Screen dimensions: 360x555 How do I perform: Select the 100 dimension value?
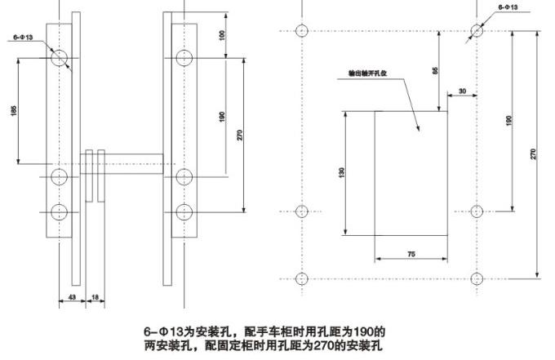point(222,36)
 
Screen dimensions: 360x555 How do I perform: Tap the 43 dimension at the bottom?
point(72,296)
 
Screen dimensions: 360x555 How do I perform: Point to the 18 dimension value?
point(95,296)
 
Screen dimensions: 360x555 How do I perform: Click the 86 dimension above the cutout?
point(435,72)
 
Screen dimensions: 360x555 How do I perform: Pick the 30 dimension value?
point(463,91)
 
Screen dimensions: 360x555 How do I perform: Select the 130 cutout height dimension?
point(342,172)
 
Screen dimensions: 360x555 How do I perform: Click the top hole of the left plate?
point(60,58)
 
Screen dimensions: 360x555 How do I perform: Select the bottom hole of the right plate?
point(184,212)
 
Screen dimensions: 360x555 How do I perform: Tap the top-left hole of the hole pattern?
point(302,32)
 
